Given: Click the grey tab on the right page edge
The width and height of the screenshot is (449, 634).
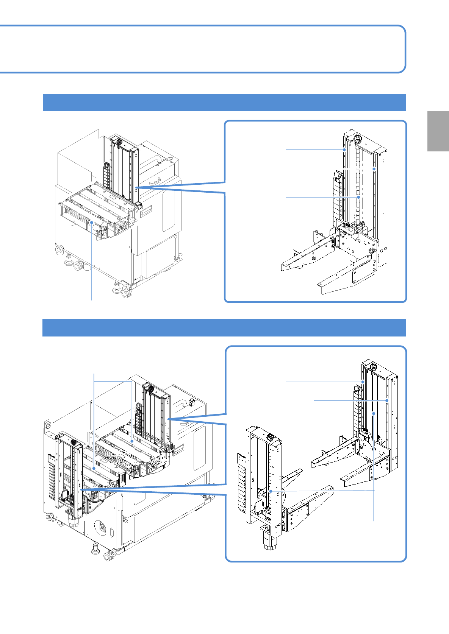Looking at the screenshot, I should (438, 131).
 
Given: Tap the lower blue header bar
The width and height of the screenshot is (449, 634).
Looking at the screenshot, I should (224, 327).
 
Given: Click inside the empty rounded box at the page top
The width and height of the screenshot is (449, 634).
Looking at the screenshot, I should (201, 49).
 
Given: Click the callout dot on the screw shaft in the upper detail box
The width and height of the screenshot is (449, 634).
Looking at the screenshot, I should (358, 197).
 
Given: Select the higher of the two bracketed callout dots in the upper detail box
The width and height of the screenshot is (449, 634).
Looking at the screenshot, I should (344, 150).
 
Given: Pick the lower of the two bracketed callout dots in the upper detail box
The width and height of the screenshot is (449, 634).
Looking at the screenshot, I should (374, 168).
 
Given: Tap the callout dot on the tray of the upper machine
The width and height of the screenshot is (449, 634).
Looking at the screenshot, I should (92, 222).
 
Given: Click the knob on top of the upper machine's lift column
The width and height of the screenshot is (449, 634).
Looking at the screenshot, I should (119, 142).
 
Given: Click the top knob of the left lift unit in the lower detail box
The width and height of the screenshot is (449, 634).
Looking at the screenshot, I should (270, 437).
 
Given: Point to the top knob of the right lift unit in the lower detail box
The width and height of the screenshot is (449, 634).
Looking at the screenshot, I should (373, 366).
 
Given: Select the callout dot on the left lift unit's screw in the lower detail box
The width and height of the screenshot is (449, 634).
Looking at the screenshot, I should (271, 491).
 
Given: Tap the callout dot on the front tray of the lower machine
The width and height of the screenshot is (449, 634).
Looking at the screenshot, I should (94, 468).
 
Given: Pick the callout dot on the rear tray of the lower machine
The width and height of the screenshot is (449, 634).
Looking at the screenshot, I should (131, 441).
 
